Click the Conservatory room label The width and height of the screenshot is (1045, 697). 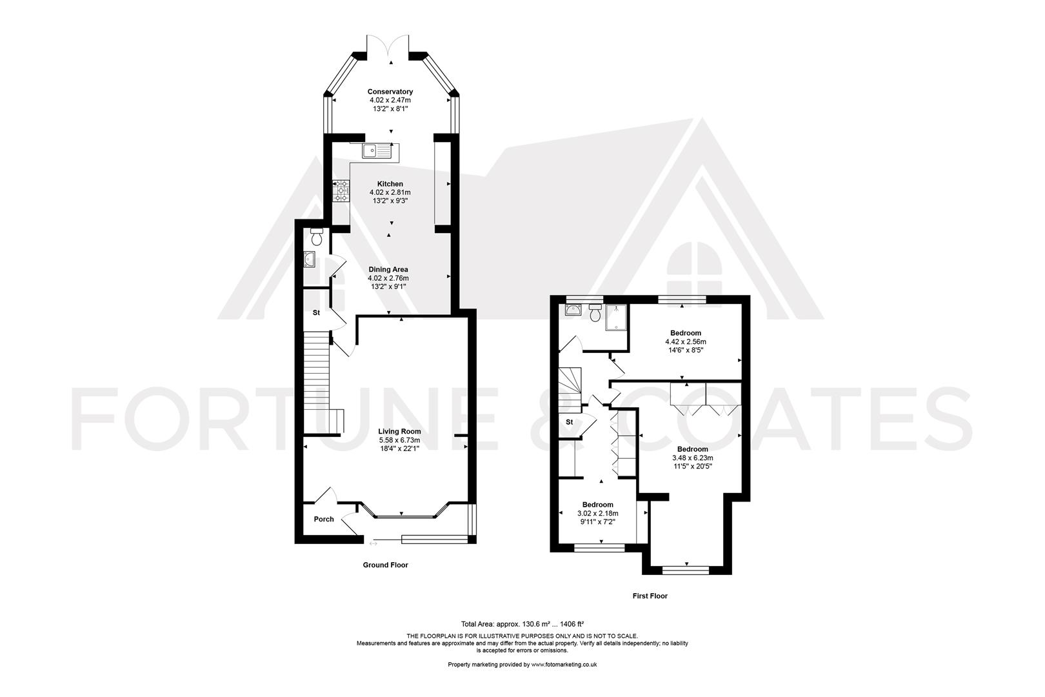(x=390, y=92)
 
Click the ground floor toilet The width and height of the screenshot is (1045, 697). (x=316, y=236)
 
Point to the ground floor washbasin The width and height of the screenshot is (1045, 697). (x=309, y=259)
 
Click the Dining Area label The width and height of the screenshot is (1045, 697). (x=388, y=270)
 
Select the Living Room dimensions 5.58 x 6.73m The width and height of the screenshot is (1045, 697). (x=400, y=440)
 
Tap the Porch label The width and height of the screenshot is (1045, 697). (x=324, y=519)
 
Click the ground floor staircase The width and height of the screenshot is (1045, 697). (x=316, y=381)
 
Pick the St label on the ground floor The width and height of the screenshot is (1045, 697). (x=316, y=312)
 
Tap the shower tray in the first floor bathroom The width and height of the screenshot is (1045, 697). (x=615, y=318)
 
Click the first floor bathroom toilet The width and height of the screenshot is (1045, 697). (x=595, y=312)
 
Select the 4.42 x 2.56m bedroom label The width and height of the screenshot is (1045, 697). (x=686, y=342)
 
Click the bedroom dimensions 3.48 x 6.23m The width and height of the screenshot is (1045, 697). (x=692, y=458)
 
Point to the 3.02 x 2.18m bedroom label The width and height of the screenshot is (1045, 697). (x=597, y=514)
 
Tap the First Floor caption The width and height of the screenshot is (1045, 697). (x=650, y=596)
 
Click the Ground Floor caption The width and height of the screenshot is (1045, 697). (x=385, y=565)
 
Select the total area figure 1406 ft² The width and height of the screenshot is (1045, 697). (x=570, y=624)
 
